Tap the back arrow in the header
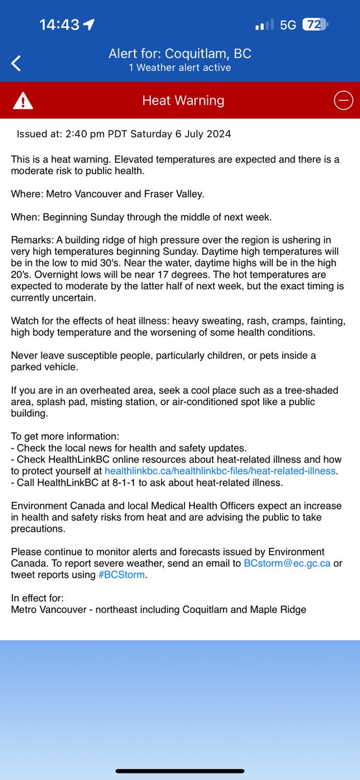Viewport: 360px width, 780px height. click(16, 63)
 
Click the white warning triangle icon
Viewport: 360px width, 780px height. click(23, 101)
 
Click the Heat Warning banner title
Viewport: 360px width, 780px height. click(183, 101)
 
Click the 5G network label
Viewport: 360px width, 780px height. click(288, 25)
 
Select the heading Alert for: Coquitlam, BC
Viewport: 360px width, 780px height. click(179, 55)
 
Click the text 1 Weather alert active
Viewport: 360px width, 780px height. click(179, 68)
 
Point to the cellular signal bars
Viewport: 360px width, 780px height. click(264, 25)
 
